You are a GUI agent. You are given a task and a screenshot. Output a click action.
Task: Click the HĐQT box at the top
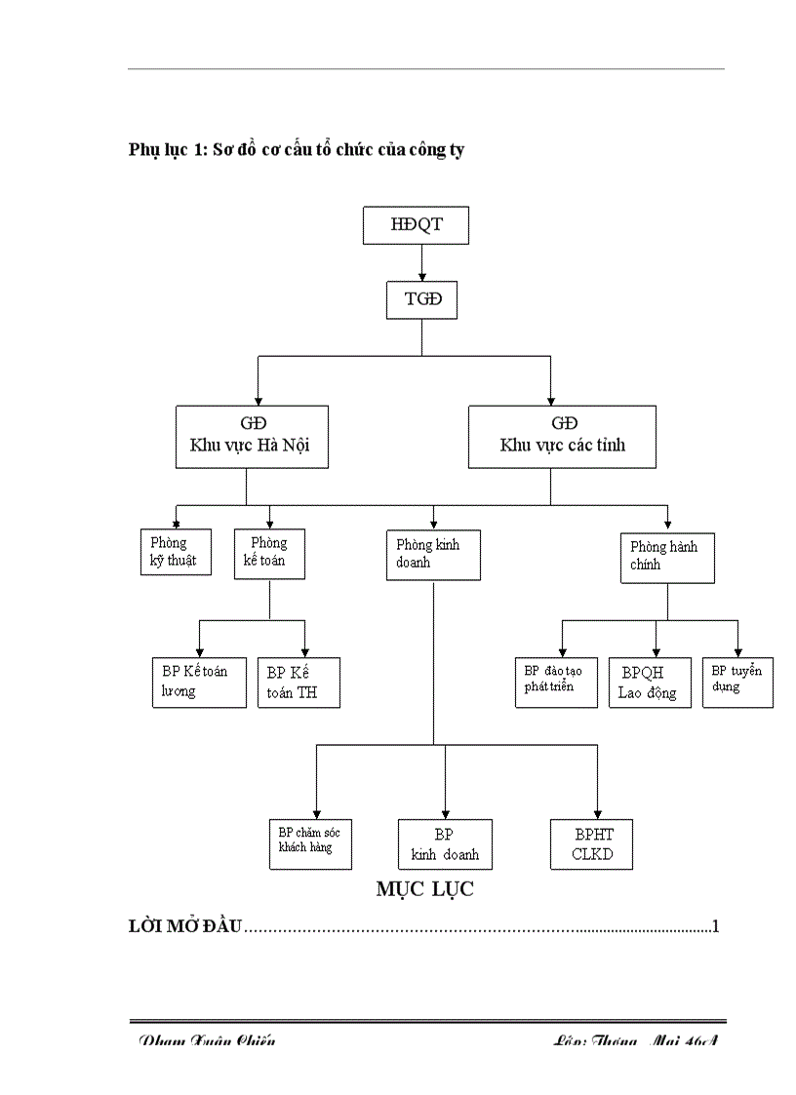tap(417, 224)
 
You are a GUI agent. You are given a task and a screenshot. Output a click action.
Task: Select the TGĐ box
tap(421, 299)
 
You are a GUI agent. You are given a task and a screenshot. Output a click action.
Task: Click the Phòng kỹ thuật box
tap(176, 552)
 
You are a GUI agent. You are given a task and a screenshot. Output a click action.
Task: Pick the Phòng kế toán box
tap(269, 553)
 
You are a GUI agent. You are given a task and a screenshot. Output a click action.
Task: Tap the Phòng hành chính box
tap(667, 556)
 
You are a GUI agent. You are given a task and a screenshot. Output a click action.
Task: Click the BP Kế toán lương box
tap(199, 682)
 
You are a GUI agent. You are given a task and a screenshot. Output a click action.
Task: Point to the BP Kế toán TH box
tap(298, 683)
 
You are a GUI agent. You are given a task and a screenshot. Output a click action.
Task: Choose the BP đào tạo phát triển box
tap(555, 681)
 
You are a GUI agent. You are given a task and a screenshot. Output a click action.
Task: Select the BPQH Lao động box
tap(649, 683)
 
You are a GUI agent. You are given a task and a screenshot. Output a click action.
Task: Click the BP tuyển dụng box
tap(737, 681)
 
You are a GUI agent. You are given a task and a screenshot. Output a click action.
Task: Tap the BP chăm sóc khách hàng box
tap(309, 841)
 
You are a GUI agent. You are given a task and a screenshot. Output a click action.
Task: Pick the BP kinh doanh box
tap(445, 844)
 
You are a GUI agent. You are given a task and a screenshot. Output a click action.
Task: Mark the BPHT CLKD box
tap(594, 844)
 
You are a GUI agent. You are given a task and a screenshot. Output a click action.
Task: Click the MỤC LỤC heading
tap(425, 890)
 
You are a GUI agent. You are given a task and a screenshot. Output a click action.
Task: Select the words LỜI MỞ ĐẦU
tap(185, 926)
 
